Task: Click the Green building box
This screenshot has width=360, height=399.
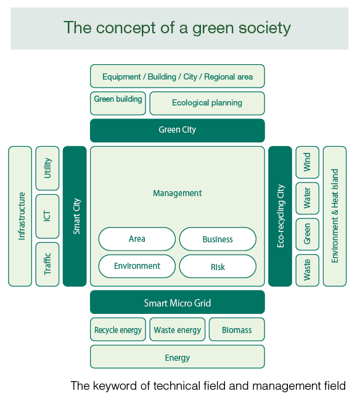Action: (x=118, y=104)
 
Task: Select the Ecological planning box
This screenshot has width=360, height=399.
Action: (x=207, y=104)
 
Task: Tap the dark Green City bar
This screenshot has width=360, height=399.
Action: (x=178, y=130)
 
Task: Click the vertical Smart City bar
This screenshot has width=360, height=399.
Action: (x=75, y=216)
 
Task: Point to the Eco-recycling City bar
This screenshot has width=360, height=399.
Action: (x=280, y=216)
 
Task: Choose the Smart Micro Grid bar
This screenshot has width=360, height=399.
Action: (x=178, y=302)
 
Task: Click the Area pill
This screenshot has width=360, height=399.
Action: (x=137, y=239)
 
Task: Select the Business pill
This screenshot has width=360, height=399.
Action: (x=218, y=239)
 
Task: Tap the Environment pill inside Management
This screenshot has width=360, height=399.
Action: (x=137, y=266)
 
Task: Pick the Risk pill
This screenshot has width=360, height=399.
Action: (x=218, y=266)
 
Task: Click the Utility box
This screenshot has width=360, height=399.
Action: (x=47, y=168)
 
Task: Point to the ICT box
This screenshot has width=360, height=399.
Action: (x=47, y=216)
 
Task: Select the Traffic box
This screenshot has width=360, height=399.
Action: (x=47, y=265)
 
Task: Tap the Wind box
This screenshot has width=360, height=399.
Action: (x=308, y=162)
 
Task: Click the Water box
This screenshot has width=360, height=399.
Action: (x=308, y=198)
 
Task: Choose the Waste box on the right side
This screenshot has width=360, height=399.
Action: (x=308, y=270)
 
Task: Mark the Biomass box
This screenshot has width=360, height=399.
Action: (x=237, y=329)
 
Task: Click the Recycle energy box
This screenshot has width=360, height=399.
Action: (x=118, y=329)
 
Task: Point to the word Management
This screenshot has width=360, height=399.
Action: (x=178, y=193)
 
